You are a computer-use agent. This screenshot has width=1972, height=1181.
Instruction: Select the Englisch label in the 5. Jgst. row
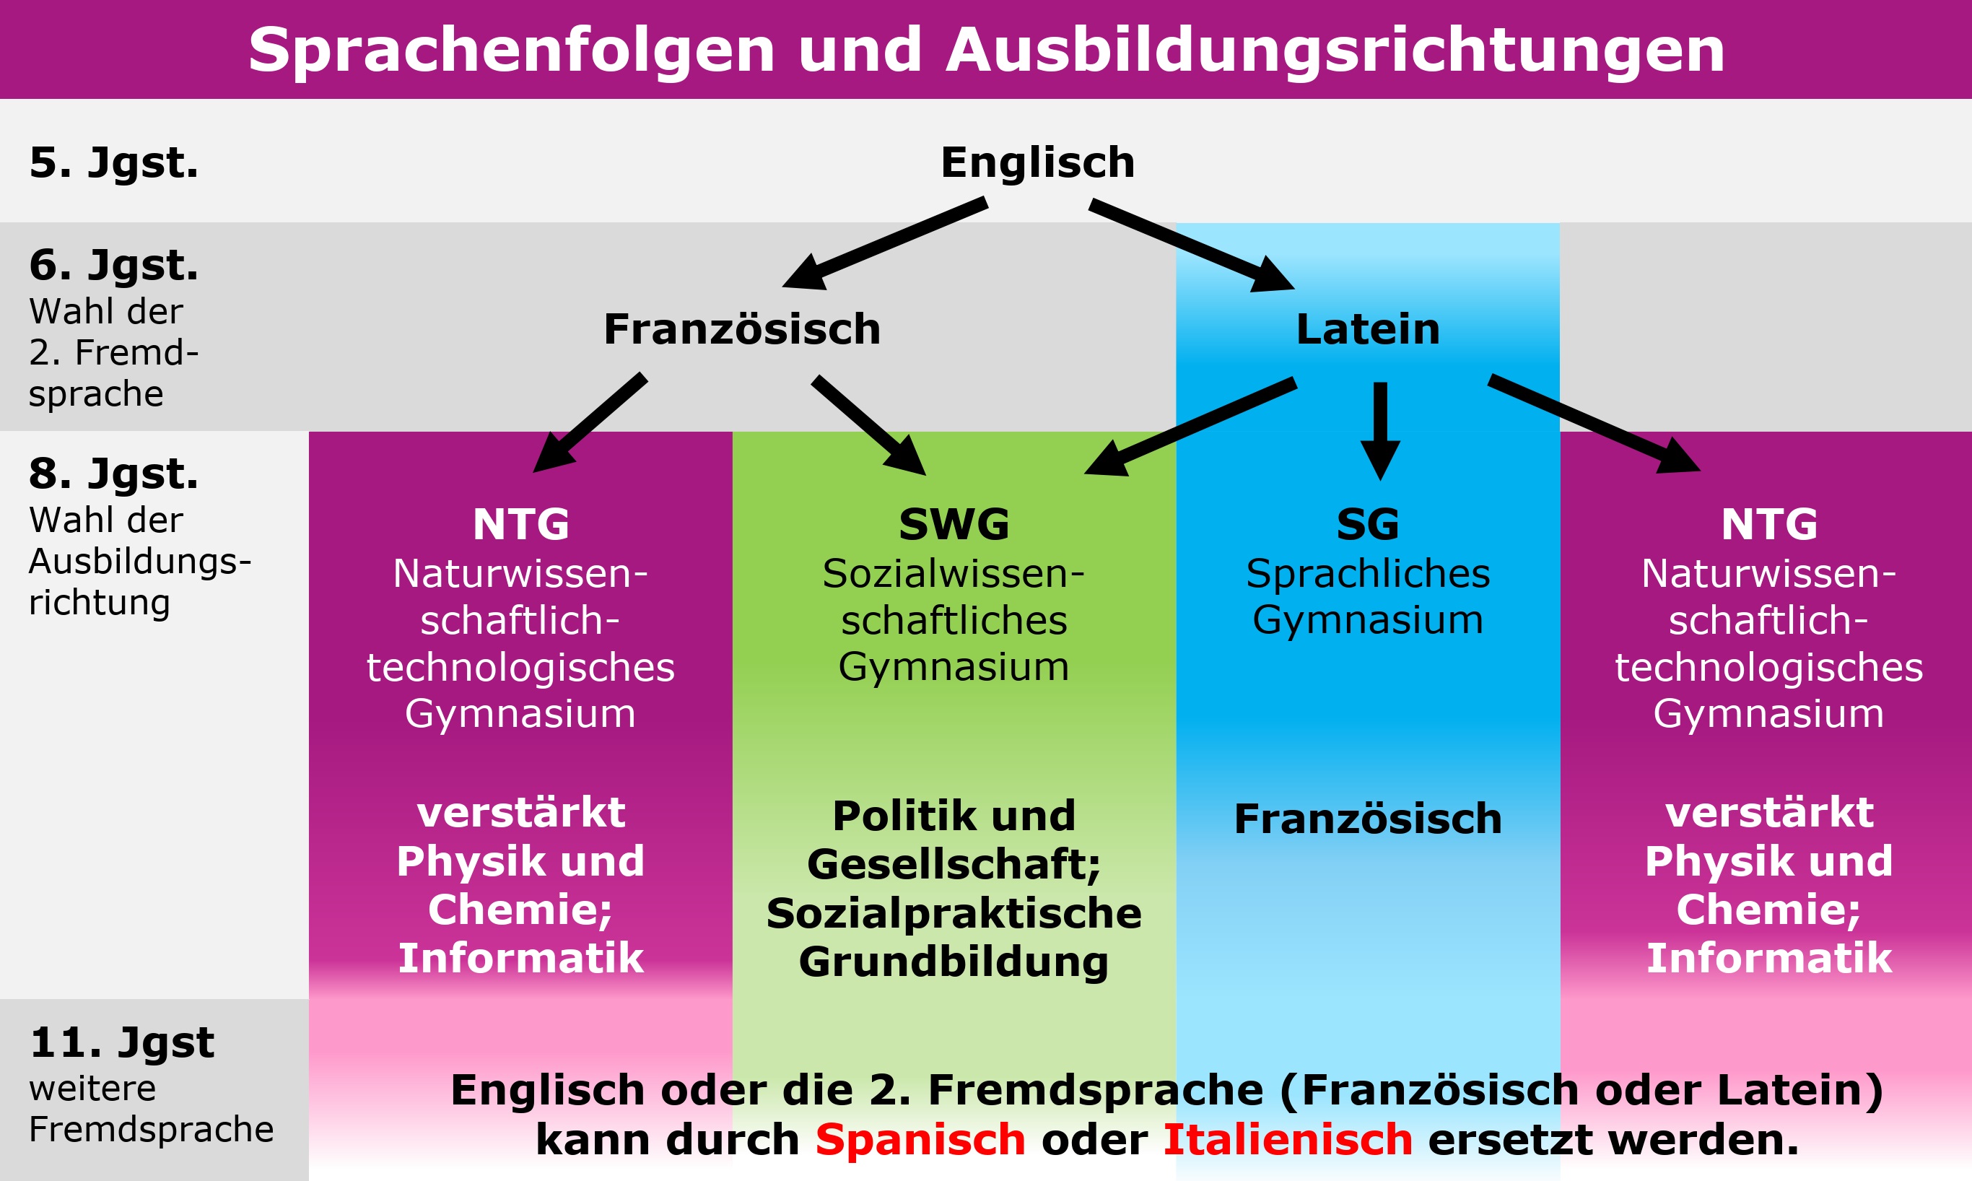1037,162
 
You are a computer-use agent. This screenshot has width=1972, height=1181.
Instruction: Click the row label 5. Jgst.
114,162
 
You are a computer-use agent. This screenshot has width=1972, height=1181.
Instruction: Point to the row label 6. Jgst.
114,265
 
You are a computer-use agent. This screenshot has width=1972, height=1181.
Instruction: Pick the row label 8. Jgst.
114,474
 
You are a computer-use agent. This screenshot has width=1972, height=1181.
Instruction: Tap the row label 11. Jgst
122,1042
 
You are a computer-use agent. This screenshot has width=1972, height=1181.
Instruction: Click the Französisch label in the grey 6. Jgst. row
742,328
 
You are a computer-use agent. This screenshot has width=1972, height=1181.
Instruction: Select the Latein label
1367,328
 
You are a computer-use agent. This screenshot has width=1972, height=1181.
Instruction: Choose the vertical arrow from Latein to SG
1380,430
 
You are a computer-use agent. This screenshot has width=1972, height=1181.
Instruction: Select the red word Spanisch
920,1140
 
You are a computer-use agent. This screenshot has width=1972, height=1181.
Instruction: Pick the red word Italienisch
1288,1140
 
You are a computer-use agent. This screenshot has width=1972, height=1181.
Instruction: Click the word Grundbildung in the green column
954,962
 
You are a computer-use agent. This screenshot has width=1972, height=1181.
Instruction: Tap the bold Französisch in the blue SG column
1367,819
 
